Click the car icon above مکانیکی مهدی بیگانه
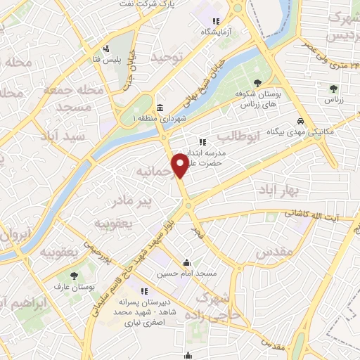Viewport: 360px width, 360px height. (301, 120)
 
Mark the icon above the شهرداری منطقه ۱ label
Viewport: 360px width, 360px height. (160, 108)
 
